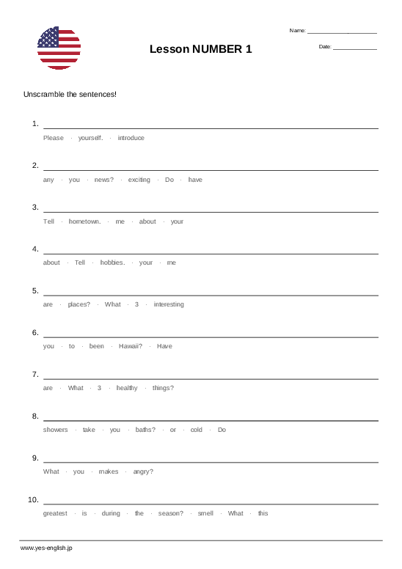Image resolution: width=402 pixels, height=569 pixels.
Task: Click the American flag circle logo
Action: (x=59, y=48)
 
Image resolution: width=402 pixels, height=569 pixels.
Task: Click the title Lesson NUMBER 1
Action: (x=200, y=49)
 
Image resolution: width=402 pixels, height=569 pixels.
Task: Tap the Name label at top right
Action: (x=297, y=31)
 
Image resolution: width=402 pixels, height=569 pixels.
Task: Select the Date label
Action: (x=325, y=47)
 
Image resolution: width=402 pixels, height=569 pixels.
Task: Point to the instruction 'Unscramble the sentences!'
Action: (x=70, y=95)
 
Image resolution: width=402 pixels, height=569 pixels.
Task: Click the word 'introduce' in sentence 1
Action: (x=131, y=138)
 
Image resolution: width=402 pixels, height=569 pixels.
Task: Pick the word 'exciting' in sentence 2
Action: (x=139, y=180)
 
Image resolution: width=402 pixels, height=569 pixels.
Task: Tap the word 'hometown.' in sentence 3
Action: (x=84, y=221)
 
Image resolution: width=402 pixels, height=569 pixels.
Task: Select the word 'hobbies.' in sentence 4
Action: (x=112, y=263)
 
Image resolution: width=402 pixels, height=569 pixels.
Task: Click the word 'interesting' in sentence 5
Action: (x=169, y=304)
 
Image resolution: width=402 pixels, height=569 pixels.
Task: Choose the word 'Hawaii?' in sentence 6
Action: (x=131, y=346)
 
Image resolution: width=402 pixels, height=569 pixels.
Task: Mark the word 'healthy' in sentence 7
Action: (x=127, y=388)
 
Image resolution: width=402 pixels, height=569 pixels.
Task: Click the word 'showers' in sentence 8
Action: (x=55, y=430)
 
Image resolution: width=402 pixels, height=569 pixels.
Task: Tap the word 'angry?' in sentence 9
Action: (x=143, y=471)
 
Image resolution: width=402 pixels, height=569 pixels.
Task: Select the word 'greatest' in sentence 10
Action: (x=55, y=513)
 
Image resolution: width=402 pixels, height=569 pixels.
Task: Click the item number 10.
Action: (x=33, y=500)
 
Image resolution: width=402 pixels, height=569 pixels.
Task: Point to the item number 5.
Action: (x=34, y=291)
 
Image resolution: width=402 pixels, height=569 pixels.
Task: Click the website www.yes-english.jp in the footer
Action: (x=46, y=548)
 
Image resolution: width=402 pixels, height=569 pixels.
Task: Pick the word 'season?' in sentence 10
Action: (x=171, y=513)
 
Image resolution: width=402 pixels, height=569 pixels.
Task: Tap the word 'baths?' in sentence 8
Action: (x=145, y=430)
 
